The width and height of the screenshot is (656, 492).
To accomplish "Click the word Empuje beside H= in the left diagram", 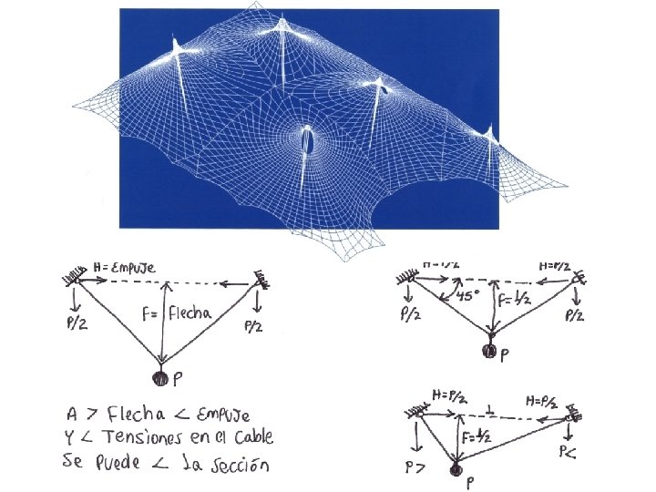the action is [x=131, y=267].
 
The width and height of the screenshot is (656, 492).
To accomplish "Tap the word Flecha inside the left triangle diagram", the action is [x=190, y=313].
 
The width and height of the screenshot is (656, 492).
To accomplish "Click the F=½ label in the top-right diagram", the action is [x=512, y=298].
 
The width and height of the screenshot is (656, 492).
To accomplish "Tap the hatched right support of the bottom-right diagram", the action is [x=573, y=415].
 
